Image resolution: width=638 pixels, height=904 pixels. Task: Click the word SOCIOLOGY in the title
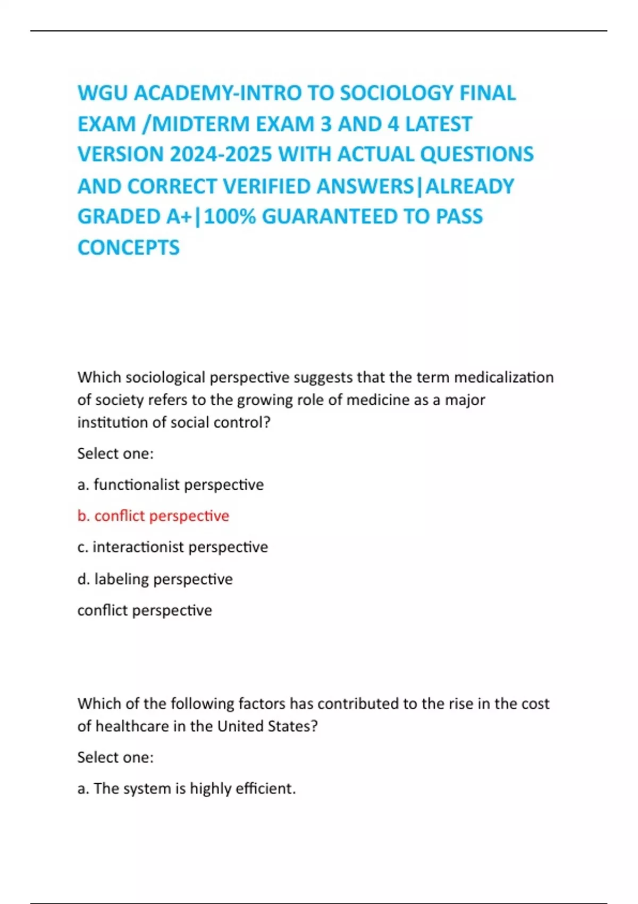[x=397, y=93]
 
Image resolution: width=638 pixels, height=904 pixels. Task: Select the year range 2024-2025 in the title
[x=221, y=154]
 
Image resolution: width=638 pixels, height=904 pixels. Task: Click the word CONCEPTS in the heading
[x=129, y=247]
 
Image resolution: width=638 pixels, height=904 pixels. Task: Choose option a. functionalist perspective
[x=170, y=484]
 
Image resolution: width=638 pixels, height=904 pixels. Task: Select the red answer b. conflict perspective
[x=153, y=516]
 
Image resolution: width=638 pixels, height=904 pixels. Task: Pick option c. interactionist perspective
[x=172, y=547]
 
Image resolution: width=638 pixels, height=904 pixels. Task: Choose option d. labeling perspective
[x=155, y=579]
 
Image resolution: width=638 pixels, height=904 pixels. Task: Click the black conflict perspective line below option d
[x=145, y=610]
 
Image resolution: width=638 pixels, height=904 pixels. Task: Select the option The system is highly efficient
[x=186, y=788]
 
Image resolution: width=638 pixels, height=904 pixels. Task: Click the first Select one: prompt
[x=115, y=454]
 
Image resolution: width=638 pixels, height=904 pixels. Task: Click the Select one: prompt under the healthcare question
[x=115, y=757]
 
